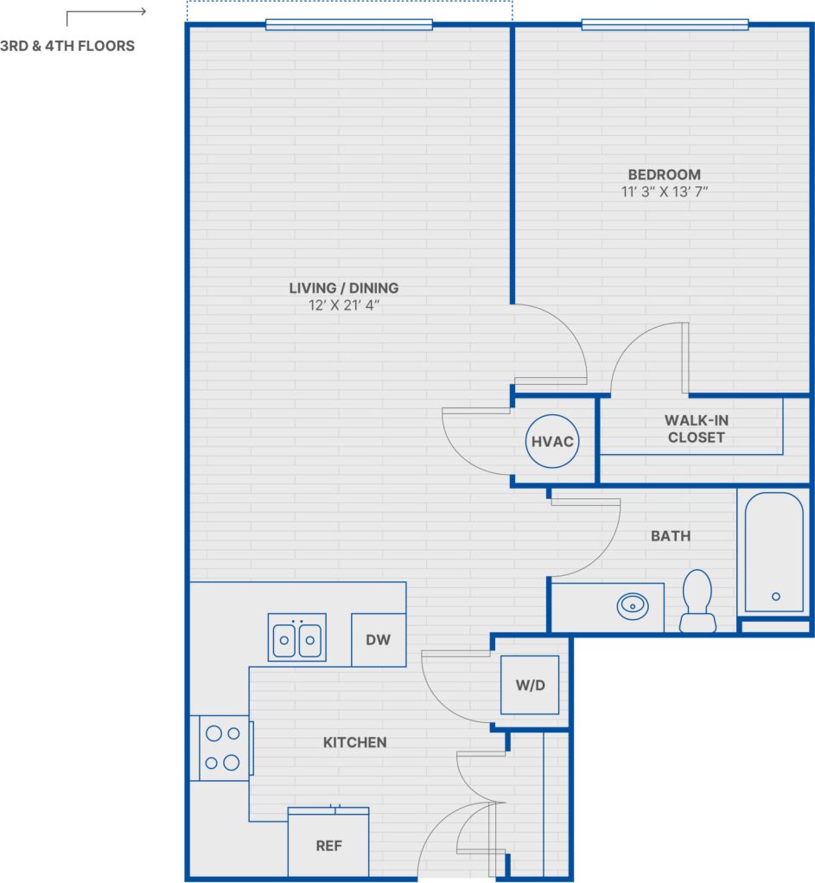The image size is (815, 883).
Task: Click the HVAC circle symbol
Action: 552,441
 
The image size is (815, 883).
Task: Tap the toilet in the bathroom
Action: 697,600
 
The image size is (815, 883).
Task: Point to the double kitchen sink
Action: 296,639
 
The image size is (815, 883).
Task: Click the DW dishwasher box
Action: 379,640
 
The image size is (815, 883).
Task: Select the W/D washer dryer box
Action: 530,685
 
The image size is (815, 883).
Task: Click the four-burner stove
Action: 222,748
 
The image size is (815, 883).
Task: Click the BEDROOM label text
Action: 664,175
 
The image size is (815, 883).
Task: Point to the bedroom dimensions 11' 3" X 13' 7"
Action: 664,192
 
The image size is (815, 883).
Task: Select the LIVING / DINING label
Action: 344,288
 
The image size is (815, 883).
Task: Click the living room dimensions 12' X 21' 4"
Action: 344,305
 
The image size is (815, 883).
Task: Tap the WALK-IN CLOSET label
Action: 696,429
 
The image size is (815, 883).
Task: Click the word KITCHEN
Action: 354,742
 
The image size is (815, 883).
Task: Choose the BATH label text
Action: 671,536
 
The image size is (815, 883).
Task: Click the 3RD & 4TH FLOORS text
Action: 67,46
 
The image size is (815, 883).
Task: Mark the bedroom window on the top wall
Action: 665,24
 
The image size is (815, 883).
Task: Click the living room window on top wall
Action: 348,24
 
